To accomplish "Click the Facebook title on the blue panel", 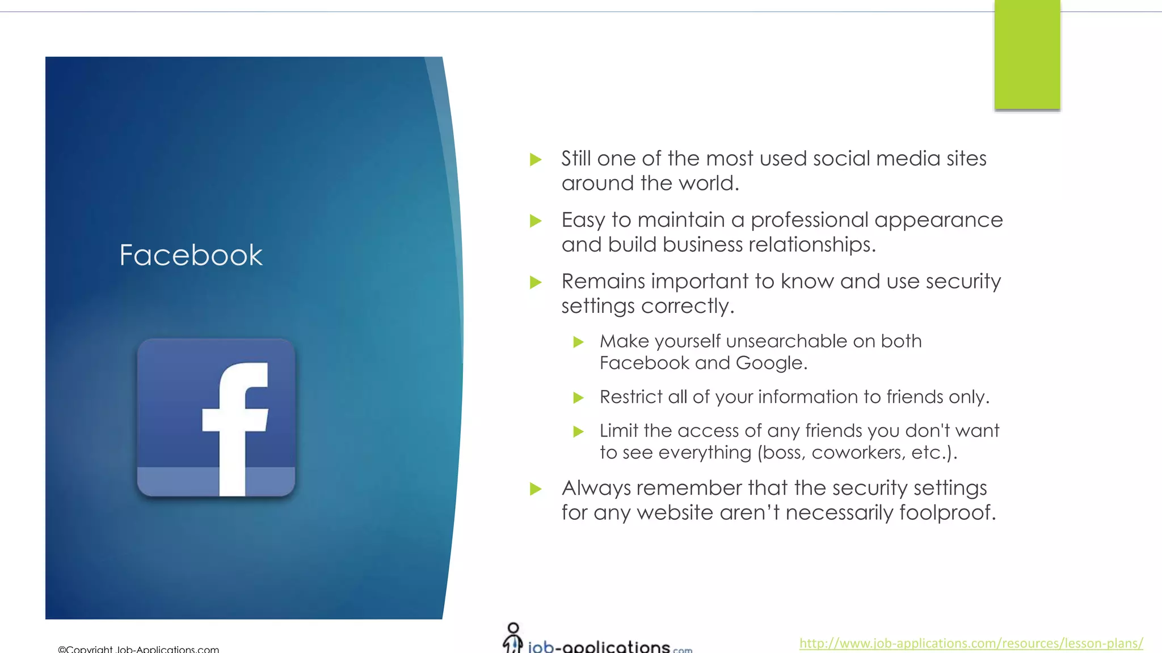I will (191, 255).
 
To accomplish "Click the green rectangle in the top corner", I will (1027, 54).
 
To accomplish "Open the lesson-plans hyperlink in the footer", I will (971, 643).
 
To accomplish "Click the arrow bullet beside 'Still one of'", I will (536, 159).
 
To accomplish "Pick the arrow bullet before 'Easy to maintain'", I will (536, 221).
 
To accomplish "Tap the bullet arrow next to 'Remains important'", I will (536, 282).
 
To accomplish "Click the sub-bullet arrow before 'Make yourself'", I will (578, 342).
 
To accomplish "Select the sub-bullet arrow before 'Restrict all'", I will (578, 397).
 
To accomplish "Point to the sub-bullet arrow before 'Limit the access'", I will (578, 431).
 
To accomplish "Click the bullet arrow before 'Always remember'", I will (536, 489).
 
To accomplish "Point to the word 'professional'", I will (809, 221).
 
